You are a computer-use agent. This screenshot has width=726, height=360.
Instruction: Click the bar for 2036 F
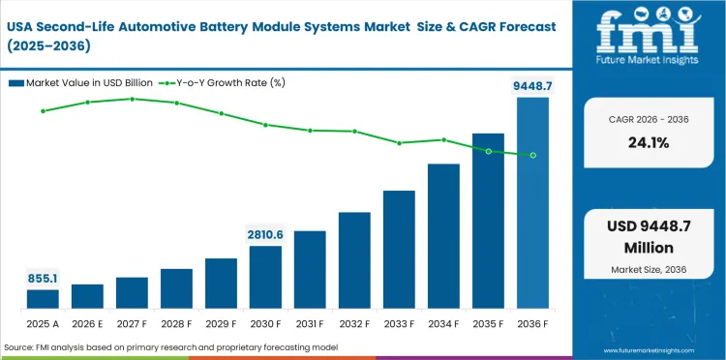532,203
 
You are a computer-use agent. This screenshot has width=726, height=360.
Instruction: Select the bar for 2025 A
43,299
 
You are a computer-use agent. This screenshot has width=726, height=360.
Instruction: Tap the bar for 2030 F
265,278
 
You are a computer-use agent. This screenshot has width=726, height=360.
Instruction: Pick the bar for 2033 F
399,250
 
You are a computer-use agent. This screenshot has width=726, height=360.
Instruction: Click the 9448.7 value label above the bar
532,86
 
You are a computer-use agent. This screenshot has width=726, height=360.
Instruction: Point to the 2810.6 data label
265,234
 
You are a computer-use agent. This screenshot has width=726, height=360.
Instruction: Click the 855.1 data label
43,278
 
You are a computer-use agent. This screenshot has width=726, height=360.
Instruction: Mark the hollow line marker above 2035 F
488,151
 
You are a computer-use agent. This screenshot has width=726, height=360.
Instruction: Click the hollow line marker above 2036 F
532,155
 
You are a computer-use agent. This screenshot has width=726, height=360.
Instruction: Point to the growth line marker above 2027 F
132,99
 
